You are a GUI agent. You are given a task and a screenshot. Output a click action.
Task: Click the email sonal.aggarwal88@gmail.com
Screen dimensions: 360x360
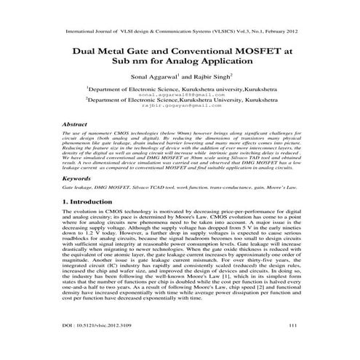point(180,95)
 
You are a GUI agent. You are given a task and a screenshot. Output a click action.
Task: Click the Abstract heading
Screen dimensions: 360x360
point(76,124)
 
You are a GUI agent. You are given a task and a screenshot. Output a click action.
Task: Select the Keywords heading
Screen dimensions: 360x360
point(77,177)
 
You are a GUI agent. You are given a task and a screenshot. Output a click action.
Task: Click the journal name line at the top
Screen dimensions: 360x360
point(180,32)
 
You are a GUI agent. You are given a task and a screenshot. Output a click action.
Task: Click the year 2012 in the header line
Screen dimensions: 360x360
point(287,32)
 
